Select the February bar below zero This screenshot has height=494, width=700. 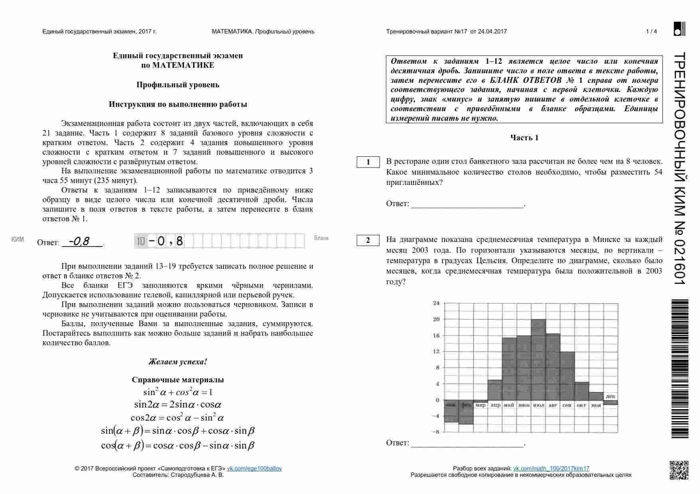[x=466, y=415]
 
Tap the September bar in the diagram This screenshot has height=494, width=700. [x=567, y=375]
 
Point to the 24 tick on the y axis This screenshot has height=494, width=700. [x=436, y=303]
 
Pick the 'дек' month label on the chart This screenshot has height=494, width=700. [x=610, y=396]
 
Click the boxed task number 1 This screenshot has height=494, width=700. [x=368, y=162]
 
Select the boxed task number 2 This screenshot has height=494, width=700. [x=368, y=240]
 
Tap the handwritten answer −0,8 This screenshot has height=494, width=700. [x=80, y=241]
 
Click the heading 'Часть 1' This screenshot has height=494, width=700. [x=524, y=138]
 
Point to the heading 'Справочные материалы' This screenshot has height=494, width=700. [x=178, y=380]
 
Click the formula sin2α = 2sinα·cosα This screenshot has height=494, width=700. [x=178, y=405]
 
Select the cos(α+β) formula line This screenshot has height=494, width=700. [x=178, y=445]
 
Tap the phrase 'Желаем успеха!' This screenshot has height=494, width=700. [x=178, y=362]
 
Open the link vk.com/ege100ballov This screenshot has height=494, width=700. [x=254, y=468]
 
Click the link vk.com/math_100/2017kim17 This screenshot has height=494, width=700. [x=551, y=468]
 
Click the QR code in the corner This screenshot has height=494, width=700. [x=678, y=470]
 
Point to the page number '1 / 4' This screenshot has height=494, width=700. [x=651, y=31]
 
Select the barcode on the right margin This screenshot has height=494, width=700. [x=680, y=369]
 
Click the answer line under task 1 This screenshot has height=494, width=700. [x=467, y=204]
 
